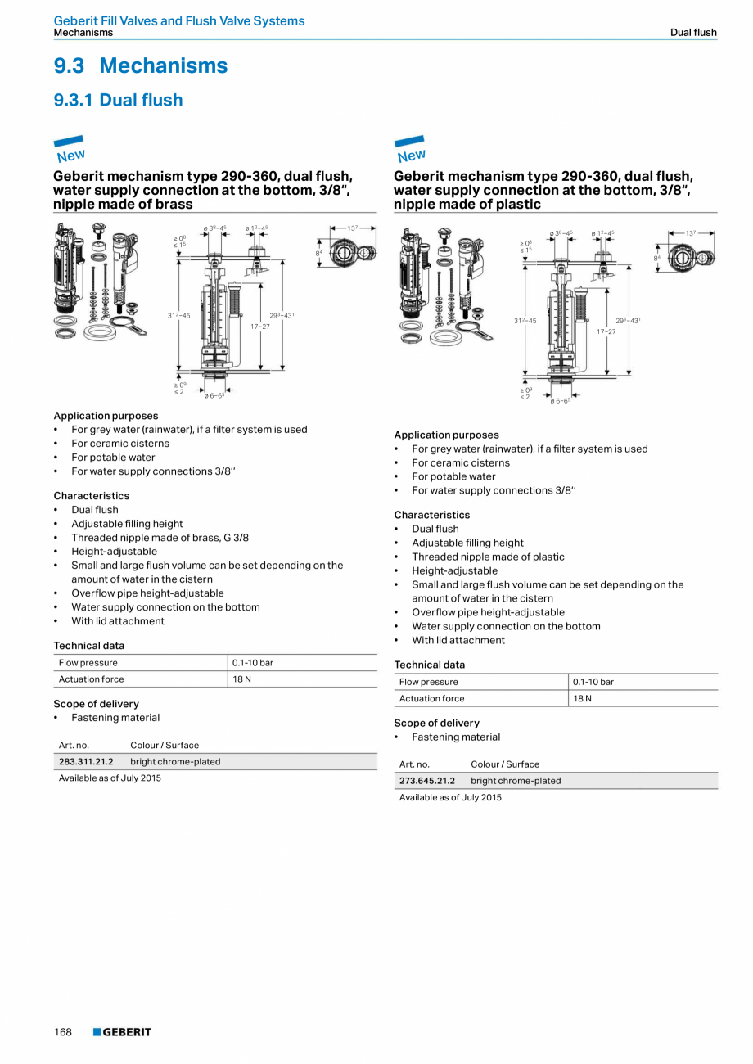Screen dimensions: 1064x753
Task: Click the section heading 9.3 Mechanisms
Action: click(x=141, y=65)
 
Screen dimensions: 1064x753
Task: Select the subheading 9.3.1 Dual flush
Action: click(x=119, y=100)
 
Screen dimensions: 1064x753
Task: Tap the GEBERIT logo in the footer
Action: click(x=122, y=1032)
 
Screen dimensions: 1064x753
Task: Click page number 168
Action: click(x=63, y=1032)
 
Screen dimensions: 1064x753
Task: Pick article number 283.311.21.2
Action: click(x=86, y=761)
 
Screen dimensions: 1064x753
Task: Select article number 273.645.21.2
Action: click(x=426, y=781)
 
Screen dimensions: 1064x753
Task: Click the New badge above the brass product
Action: click(x=70, y=150)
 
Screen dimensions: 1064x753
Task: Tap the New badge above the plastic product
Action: click(x=411, y=150)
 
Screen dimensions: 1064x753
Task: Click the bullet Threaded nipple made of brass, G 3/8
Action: click(x=160, y=538)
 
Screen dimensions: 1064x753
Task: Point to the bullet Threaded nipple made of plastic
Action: click(x=488, y=557)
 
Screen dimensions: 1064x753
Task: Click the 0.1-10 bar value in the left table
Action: click(x=253, y=663)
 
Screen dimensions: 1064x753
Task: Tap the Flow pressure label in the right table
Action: click(x=428, y=682)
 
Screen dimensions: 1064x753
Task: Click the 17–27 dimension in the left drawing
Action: click(x=260, y=327)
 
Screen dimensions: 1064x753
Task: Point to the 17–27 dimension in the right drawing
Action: click(x=606, y=331)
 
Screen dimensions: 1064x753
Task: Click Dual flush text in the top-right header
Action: click(x=693, y=33)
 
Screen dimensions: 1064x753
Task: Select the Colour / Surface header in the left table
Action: click(x=165, y=745)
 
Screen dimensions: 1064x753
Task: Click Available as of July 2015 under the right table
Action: click(x=450, y=797)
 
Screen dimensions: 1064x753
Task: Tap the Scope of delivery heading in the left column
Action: click(x=97, y=704)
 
